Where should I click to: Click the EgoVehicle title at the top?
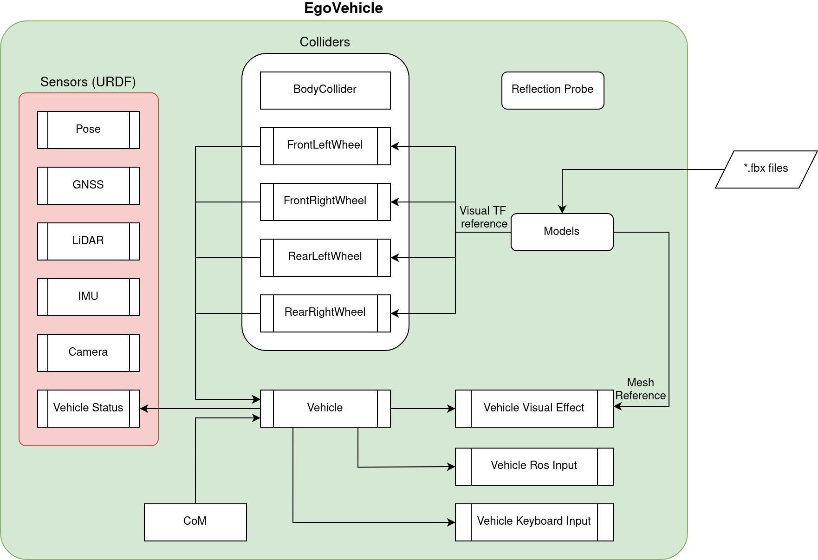[x=344, y=8]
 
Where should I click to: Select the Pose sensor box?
[x=88, y=130]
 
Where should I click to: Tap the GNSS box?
[x=88, y=185]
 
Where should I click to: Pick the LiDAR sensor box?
[x=88, y=241]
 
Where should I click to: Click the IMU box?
[x=88, y=297]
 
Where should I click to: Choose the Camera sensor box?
[x=88, y=352]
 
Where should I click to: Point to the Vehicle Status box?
[x=88, y=408]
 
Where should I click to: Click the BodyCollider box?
[x=325, y=90]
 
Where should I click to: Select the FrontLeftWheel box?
[x=325, y=146]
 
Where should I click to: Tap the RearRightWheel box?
[x=325, y=313]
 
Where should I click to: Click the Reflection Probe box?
[x=552, y=90]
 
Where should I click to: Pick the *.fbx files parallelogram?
[x=766, y=169]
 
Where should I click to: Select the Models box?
[x=562, y=232]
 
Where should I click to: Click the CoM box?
[x=195, y=522]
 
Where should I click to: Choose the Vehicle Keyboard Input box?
[x=534, y=522]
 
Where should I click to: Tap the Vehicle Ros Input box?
[x=534, y=466]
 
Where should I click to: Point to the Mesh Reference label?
[x=640, y=389]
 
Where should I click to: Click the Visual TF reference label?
[x=483, y=217]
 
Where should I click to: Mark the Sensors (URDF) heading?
[x=88, y=82]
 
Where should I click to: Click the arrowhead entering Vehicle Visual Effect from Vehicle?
[x=452, y=409]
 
